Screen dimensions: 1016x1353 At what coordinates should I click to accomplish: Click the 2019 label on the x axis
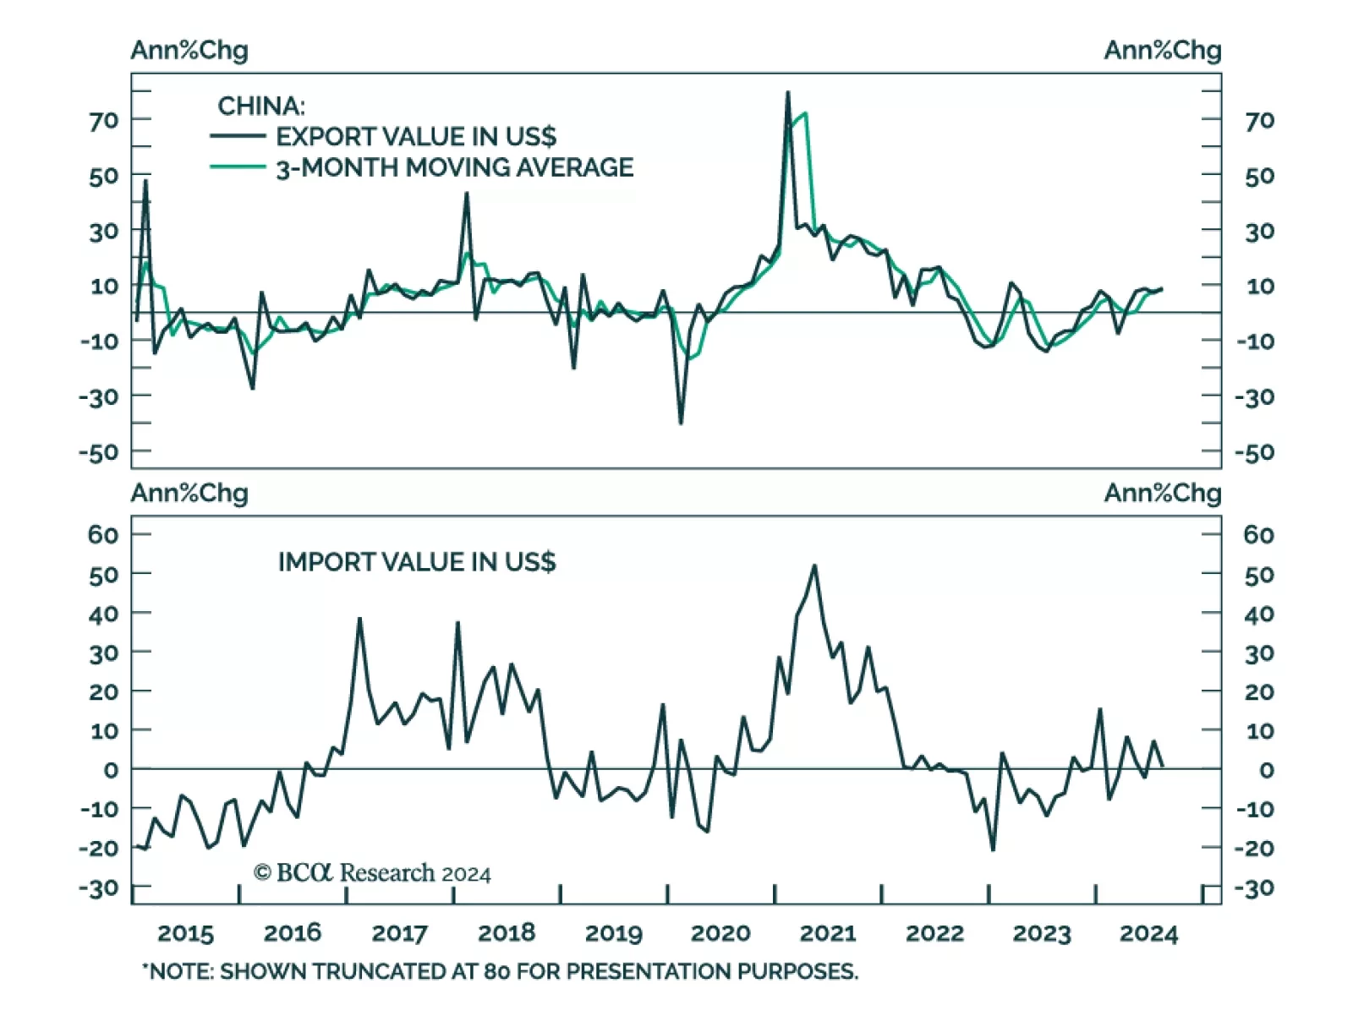(x=613, y=933)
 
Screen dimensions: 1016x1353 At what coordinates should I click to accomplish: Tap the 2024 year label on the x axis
(x=1148, y=933)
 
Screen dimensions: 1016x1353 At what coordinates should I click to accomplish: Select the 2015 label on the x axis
(x=185, y=933)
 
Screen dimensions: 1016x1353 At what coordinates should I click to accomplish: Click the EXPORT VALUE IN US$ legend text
(x=416, y=136)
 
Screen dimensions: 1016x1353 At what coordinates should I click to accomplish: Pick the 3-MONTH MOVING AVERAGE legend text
(x=455, y=167)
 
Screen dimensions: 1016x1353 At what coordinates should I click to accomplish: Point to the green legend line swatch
(x=238, y=167)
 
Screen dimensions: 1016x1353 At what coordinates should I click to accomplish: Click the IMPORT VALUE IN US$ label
(x=417, y=562)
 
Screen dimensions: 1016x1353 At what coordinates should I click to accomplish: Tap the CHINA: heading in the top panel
(x=261, y=106)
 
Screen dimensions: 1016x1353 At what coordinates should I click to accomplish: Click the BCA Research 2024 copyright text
(x=372, y=872)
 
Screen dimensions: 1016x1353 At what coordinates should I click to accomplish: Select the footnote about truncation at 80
(x=500, y=971)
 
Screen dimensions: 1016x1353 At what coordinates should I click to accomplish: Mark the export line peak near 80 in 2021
(x=788, y=92)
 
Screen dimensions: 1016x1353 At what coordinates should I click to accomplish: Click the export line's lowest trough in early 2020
(x=681, y=423)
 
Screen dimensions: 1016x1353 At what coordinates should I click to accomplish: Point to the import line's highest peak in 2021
(x=814, y=565)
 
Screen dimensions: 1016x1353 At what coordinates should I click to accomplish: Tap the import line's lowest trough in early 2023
(x=993, y=849)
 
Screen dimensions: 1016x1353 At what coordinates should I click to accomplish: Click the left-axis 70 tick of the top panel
(x=103, y=121)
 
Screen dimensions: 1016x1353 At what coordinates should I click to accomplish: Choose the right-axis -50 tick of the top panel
(x=1254, y=452)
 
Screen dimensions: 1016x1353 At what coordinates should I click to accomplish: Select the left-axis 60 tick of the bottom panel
(x=103, y=534)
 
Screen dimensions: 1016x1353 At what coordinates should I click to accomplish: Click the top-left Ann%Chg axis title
(x=189, y=50)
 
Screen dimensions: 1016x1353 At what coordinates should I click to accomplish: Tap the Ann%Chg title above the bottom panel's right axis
(x=1163, y=493)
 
